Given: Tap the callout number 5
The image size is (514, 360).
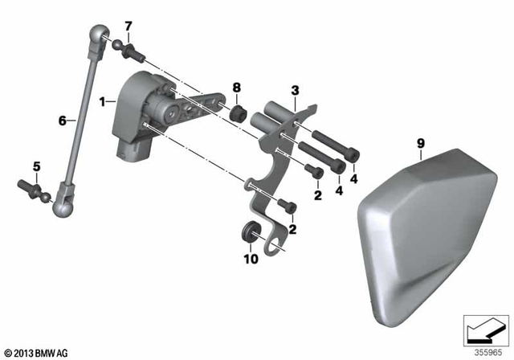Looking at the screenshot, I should (35, 166).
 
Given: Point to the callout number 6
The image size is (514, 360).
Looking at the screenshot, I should (61, 121).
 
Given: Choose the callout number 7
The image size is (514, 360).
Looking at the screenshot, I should (128, 27).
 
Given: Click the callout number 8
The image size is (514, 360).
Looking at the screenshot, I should (236, 86).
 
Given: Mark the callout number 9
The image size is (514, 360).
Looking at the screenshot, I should (419, 144).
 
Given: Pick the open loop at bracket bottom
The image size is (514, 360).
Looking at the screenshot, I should (275, 244).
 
